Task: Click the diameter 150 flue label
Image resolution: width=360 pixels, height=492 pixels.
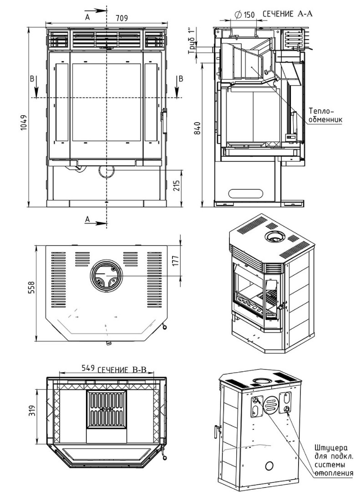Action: (x=244, y=15)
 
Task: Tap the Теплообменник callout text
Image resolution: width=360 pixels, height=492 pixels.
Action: (x=325, y=115)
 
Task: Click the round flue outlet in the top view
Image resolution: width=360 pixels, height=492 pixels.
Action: (x=106, y=276)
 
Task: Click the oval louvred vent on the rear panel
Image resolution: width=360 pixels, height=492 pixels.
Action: (x=270, y=404)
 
